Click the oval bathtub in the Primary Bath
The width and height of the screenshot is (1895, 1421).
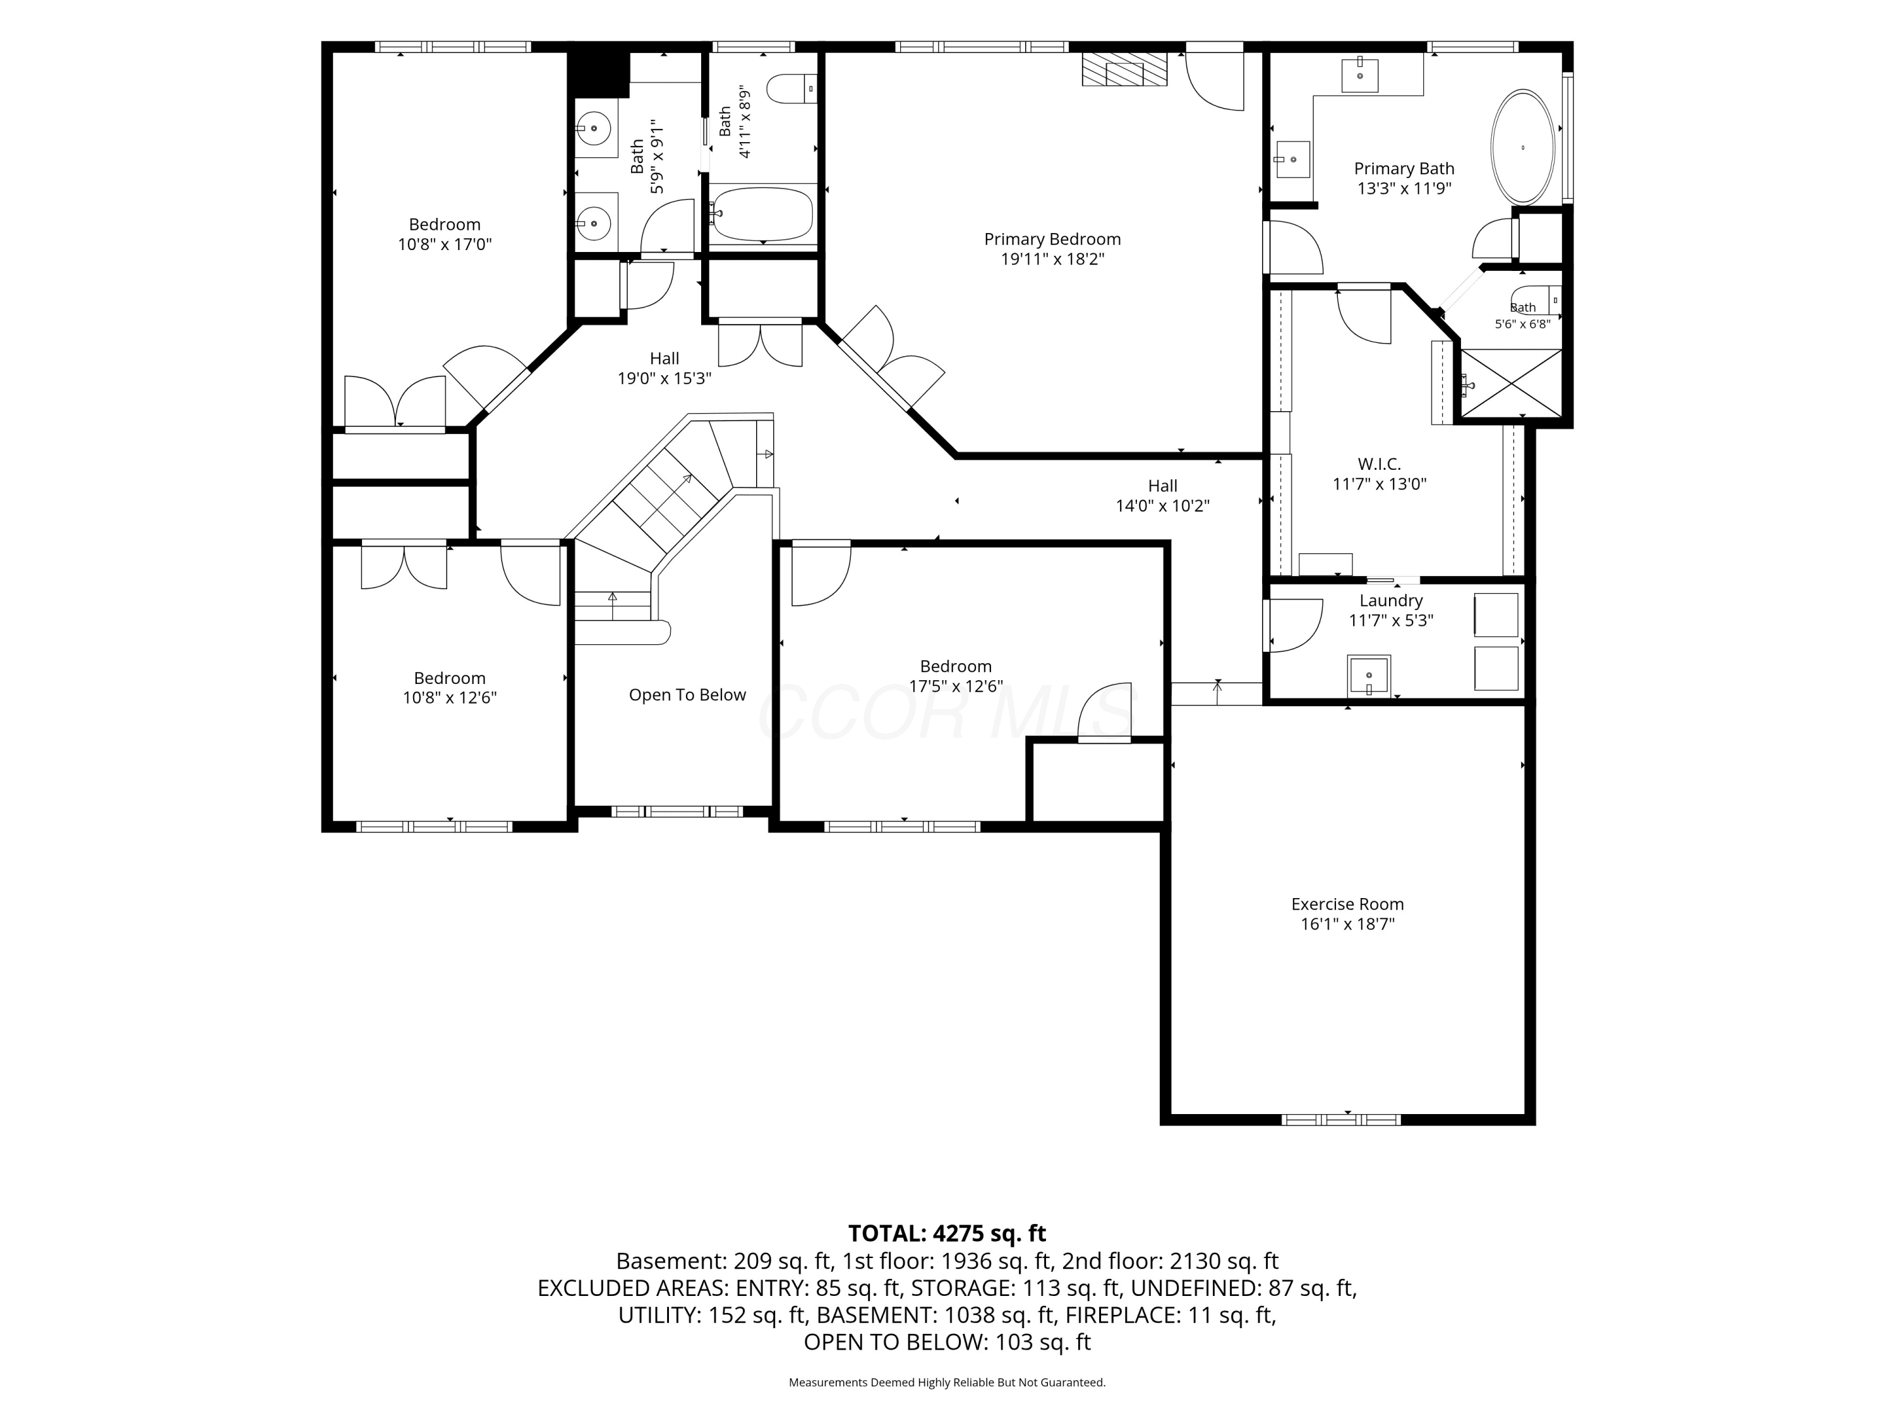1522,147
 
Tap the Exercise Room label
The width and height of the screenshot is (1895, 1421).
1347,904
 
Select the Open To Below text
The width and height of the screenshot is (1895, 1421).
687,695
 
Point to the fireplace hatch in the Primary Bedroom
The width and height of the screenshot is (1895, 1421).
1125,69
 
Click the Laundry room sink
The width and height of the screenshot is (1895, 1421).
1369,676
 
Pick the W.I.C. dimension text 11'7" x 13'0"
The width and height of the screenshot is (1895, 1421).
1380,484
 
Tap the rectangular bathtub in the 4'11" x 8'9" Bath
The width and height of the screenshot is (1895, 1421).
762,214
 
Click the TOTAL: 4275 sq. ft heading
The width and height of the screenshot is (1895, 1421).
947,1233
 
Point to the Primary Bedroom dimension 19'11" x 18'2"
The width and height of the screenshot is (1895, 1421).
1053,259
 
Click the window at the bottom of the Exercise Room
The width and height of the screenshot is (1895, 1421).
1341,1120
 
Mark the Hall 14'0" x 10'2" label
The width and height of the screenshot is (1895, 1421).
1162,496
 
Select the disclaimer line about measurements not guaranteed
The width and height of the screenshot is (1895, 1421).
947,1382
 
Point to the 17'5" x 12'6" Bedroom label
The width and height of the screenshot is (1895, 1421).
956,676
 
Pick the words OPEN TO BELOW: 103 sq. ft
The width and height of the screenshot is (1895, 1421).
947,1342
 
